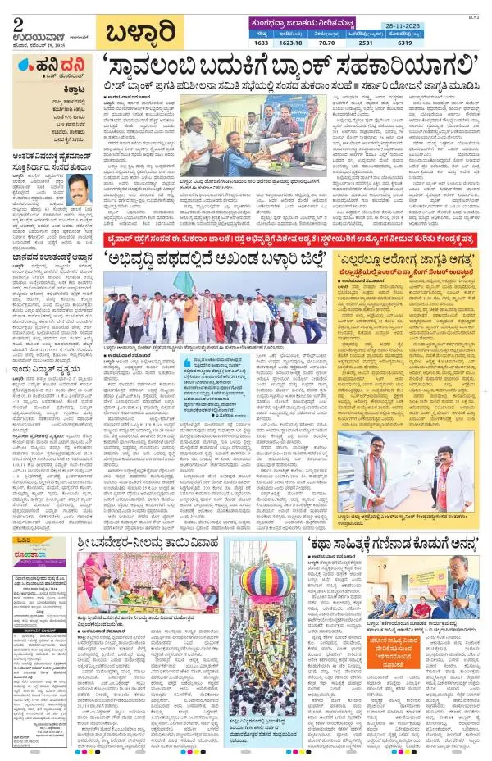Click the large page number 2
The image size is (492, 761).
tap(18, 23)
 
